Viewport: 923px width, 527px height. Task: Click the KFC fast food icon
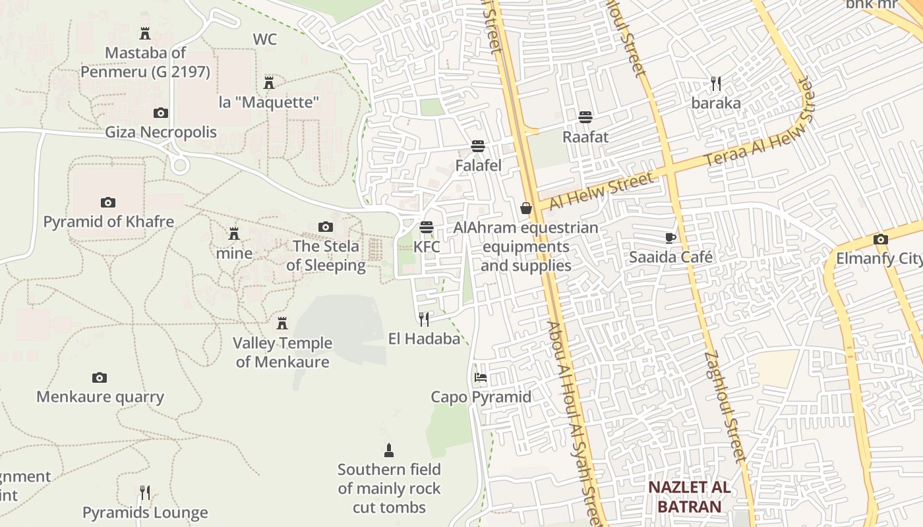[x=427, y=228]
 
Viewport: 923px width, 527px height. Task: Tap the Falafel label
[x=478, y=165]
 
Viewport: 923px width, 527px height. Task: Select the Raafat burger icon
[x=585, y=117]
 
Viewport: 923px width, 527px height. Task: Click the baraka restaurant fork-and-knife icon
[x=716, y=84]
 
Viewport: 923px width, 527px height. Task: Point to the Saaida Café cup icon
[x=670, y=238]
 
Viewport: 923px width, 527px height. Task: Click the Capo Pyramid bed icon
[x=481, y=378]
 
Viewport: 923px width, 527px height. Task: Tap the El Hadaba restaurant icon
[x=424, y=319]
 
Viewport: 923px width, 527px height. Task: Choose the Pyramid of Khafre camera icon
[x=108, y=202]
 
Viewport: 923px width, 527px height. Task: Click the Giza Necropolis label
[x=161, y=132]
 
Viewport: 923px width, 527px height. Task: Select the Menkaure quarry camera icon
[x=100, y=377]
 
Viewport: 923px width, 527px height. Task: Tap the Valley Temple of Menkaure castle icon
[x=282, y=323]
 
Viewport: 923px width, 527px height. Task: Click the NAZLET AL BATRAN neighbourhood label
[x=689, y=497]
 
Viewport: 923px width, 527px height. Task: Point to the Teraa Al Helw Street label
[x=759, y=125]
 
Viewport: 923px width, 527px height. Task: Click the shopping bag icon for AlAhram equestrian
[x=526, y=209]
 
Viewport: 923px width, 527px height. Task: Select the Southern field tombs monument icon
[x=389, y=451]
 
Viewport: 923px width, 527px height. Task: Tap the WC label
[x=265, y=40]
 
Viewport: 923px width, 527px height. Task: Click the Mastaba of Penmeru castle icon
[x=145, y=34]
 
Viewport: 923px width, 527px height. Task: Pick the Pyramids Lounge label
[x=145, y=513]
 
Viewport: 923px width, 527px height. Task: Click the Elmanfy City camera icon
[x=880, y=240]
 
